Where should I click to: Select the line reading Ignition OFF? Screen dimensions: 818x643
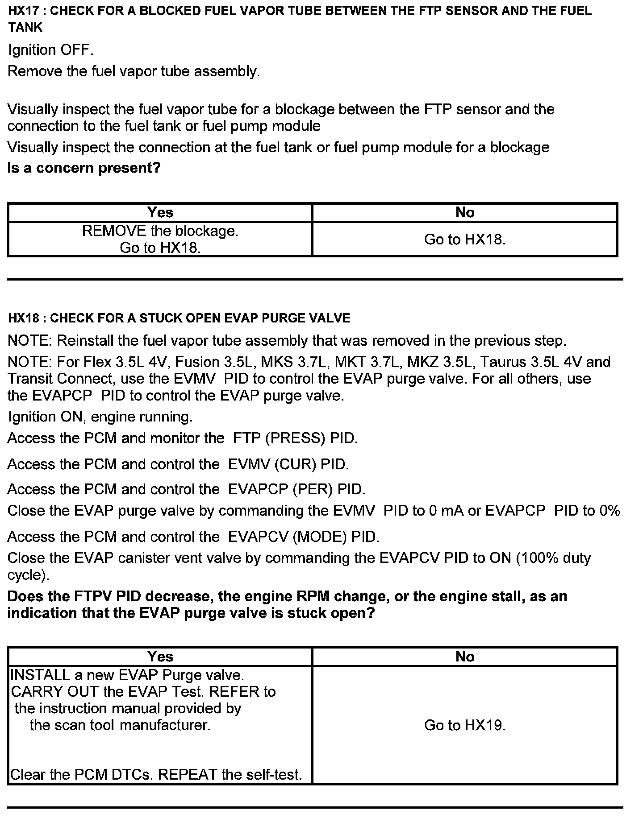pyautogui.click(x=50, y=50)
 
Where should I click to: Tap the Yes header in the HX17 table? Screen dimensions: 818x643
pyautogui.click(x=160, y=212)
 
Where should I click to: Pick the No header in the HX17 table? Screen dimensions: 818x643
pyautogui.click(x=464, y=212)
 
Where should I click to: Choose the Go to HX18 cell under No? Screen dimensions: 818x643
pyautogui.click(x=464, y=240)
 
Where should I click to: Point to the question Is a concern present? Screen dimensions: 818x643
pyautogui.click(x=84, y=168)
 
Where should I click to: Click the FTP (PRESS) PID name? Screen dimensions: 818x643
pyautogui.click(x=295, y=438)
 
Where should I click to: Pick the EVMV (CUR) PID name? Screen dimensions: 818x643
pyautogui.click(x=288, y=464)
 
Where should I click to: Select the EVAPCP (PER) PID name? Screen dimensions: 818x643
pyautogui.click(x=296, y=489)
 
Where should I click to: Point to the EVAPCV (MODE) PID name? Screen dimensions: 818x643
pyautogui.click(x=304, y=537)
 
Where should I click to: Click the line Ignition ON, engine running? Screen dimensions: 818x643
pyautogui.click(x=100, y=417)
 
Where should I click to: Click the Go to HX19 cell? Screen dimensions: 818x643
pyautogui.click(x=464, y=725)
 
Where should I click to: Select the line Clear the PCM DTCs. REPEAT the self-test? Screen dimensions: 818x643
pyautogui.click(x=156, y=775)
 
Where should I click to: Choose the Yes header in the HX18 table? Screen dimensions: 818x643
pyautogui.click(x=160, y=657)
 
